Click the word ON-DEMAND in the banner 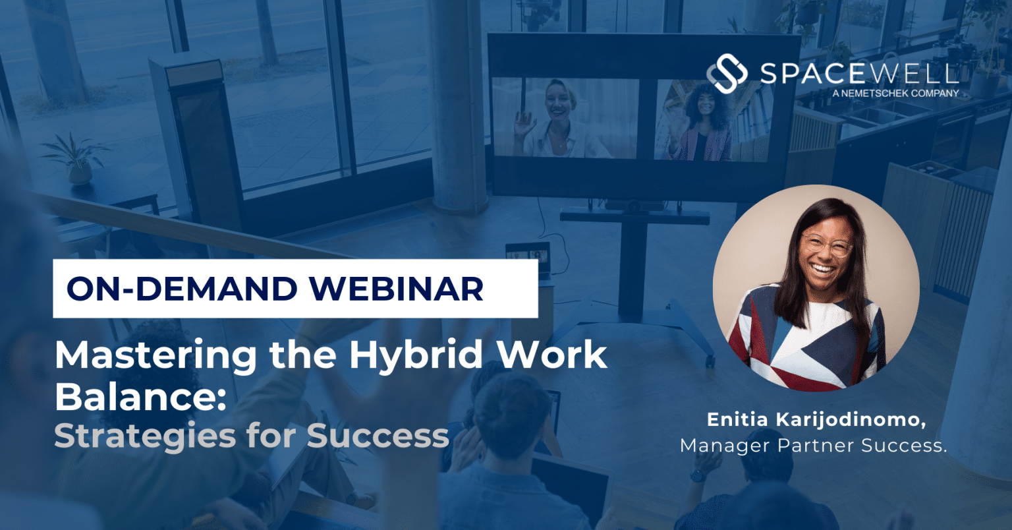pyautogui.click(x=182, y=289)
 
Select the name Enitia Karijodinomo pyautogui.click(x=816, y=420)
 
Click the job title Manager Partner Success pyautogui.click(x=813, y=446)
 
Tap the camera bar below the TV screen pyautogui.click(x=635, y=205)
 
